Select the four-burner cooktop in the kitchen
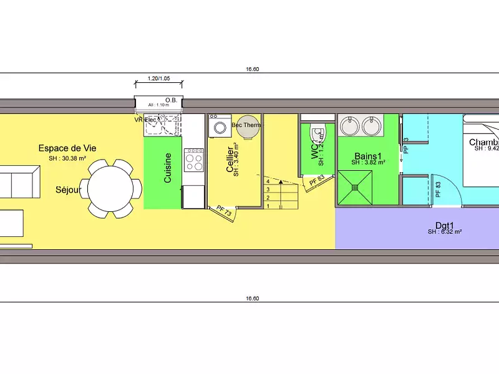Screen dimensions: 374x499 (x=194, y=161)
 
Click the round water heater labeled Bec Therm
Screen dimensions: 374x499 (x=246, y=125)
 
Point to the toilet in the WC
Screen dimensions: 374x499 (x=317, y=134)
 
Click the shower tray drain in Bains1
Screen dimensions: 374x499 (x=356, y=186)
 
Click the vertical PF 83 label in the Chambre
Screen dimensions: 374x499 (x=438, y=189)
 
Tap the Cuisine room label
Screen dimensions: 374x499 (x=168, y=168)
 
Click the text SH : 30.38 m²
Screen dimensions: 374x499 (x=67, y=158)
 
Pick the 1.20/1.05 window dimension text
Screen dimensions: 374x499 (x=158, y=79)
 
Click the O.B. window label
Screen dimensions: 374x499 (x=171, y=100)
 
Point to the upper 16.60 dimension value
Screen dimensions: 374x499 (x=252, y=70)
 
